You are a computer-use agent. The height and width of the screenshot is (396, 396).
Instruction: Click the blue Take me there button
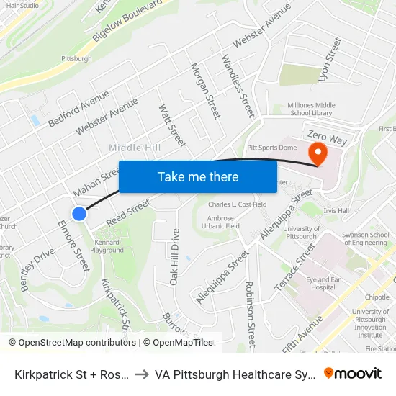pyautogui.click(x=198, y=176)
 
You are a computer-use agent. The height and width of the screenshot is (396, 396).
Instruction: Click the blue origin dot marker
pyautogui.click(x=79, y=214)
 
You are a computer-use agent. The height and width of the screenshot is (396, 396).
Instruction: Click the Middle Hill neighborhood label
pyautogui.click(x=135, y=148)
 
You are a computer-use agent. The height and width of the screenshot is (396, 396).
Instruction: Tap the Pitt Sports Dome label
pyautogui.click(x=272, y=148)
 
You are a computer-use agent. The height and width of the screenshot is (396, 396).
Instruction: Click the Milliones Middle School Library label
pyautogui.click(x=311, y=109)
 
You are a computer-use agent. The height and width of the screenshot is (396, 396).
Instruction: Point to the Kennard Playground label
pyautogui.click(x=107, y=246)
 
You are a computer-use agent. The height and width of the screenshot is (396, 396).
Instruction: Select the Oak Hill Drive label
pyautogui.click(x=174, y=257)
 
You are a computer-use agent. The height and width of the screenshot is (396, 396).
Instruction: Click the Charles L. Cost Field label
pyautogui.click(x=238, y=204)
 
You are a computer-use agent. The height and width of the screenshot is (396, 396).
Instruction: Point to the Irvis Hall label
pyautogui.click(x=336, y=211)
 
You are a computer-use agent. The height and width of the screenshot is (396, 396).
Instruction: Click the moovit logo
pyautogui.click(x=353, y=373)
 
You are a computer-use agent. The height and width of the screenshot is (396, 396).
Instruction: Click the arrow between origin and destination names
pyautogui.click(x=141, y=374)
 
